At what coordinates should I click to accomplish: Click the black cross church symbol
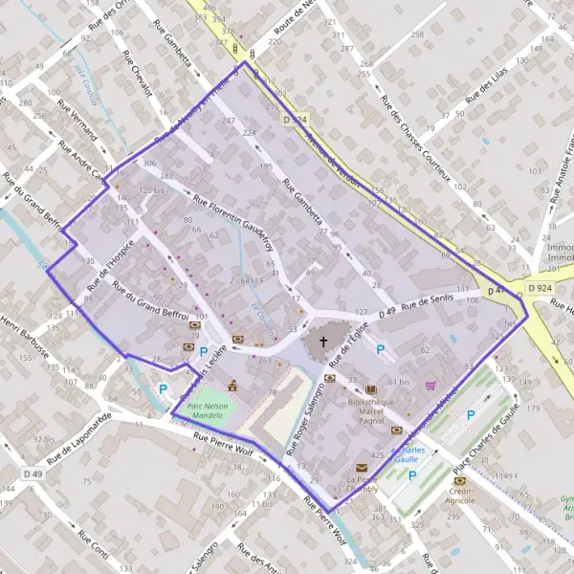pyautogui.click(x=322, y=342)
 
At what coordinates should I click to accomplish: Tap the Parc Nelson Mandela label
pyautogui.click(x=211, y=410)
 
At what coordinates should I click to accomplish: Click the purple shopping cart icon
pyautogui.click(x=430, y=385)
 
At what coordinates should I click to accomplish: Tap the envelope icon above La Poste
pyautogui.click(x=362, y=467)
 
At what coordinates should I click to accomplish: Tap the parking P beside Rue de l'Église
pyautogui.click(x=380, y=350)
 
